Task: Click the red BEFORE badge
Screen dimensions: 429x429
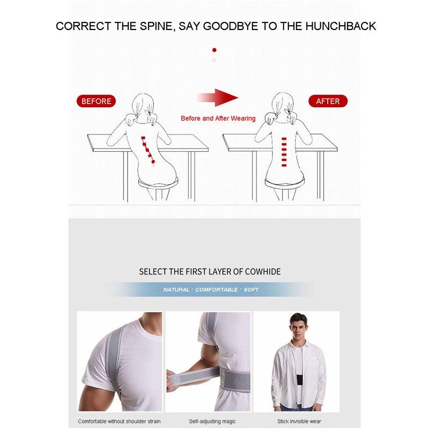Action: (97, 101)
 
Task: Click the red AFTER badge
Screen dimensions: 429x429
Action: (328, 101)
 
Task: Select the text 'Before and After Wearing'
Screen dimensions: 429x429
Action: (218, 119)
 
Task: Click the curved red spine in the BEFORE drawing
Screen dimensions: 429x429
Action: (149, 150)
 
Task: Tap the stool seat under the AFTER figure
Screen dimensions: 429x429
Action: (285, 183)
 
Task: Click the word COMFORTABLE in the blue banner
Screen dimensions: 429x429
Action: (216, 290)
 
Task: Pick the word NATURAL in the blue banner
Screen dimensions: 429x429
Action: (176, 290)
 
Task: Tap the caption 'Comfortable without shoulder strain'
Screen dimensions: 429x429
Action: (119, 421)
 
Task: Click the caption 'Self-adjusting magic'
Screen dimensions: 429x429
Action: (209, 421)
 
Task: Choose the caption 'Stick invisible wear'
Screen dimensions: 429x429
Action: (299, 421)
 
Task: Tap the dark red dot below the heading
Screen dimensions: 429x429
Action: (214, 50)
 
